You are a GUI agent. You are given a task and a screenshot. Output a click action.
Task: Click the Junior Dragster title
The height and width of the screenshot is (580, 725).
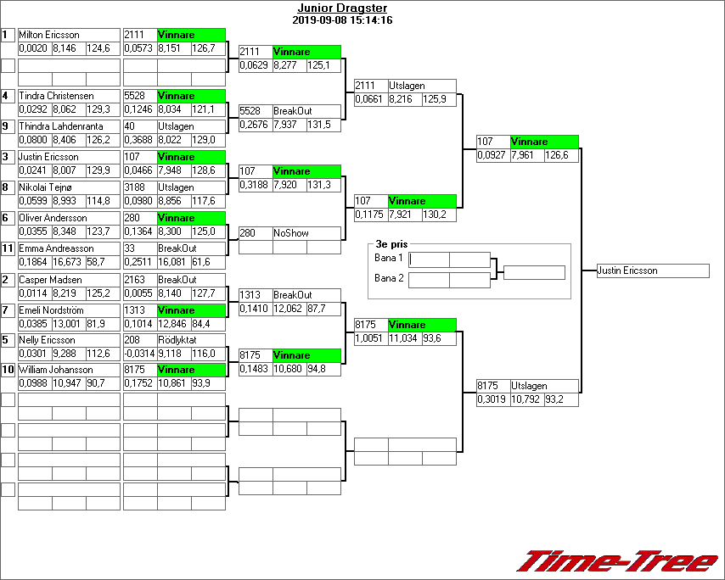[338, 8]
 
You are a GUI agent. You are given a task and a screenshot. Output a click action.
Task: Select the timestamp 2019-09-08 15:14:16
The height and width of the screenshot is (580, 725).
[341, 20]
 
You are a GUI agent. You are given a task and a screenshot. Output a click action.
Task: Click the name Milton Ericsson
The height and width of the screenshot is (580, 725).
[49, 35]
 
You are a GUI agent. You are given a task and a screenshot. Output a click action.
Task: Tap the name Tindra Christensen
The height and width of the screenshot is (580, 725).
[56, 96]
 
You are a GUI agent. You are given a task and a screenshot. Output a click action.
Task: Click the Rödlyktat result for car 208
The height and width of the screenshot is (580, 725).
[177, 340]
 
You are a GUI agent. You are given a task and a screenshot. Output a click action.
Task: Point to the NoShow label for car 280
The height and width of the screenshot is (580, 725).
[291, 232]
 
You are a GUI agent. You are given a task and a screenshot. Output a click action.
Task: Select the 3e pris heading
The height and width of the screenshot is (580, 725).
[391, 244]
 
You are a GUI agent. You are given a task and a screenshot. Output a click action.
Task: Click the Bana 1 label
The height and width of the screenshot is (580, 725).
[390, 257]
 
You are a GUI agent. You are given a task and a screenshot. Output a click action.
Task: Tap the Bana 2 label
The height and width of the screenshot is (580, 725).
[390, 277]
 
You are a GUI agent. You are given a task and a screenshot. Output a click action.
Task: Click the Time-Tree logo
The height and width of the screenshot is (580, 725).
[618, 561]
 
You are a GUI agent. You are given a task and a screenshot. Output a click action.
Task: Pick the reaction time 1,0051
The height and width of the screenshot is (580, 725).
[369, 338]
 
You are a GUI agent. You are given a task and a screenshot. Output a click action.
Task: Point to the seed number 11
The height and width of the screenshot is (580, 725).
[8, 248]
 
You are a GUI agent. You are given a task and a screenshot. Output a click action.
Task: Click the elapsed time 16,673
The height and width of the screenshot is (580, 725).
[68, 263]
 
